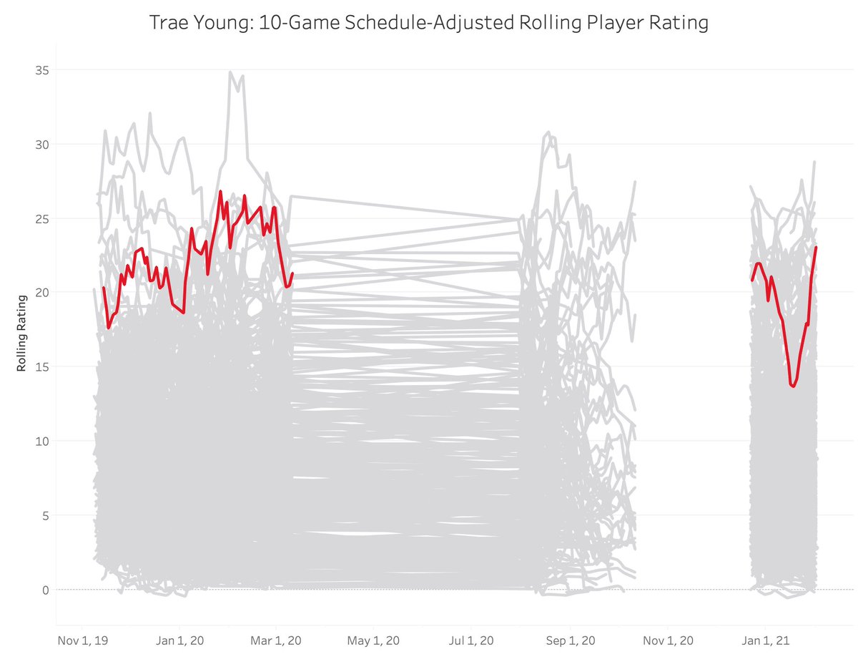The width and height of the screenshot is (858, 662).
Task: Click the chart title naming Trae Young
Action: tap(428, 24)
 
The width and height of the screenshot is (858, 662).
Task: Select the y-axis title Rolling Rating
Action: tap(22, 333)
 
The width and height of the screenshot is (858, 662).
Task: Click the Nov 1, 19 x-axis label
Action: tap(81, 640)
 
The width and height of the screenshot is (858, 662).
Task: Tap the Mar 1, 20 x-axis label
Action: tap(275, 640)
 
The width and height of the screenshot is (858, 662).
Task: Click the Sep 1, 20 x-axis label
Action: tap(571, 640)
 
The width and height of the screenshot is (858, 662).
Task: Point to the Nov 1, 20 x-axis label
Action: tap(669, 640)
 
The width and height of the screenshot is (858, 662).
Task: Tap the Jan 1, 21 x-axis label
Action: tap(766, 640)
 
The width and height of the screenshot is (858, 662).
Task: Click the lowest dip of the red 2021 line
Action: tap(793, 386)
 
